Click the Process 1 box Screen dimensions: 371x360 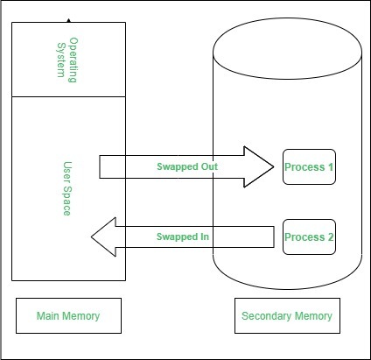309,166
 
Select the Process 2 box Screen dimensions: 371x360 309,236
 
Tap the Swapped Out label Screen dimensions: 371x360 187,166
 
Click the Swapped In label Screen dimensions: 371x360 183,236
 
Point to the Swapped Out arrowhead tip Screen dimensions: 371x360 274,166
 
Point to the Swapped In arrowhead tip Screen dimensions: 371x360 92,236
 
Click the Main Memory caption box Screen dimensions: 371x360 68,315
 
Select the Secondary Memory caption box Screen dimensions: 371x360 287,315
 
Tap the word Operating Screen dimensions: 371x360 73,60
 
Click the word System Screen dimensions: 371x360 61,60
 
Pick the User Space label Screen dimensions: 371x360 67,188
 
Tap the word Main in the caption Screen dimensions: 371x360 48,315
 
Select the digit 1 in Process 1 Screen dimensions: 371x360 331,166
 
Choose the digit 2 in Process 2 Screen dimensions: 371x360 331,236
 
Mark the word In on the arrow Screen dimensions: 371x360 205,236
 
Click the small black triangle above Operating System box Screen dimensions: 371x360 68,20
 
